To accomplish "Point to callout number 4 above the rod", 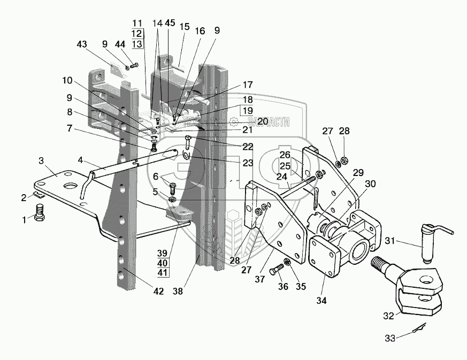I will [80, 159].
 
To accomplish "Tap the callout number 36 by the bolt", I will [284, 287].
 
